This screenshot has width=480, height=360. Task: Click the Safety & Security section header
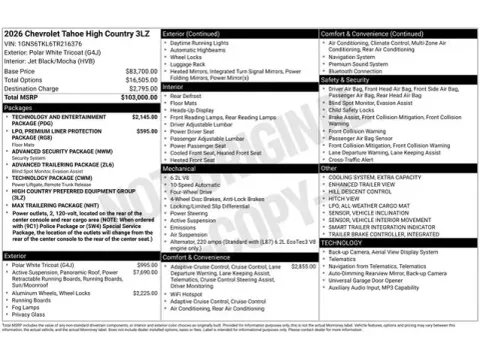coord(351,79)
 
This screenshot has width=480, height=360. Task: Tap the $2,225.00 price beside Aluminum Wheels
coord(145,293)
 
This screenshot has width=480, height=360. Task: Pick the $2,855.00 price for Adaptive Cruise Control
coord(303,267)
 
